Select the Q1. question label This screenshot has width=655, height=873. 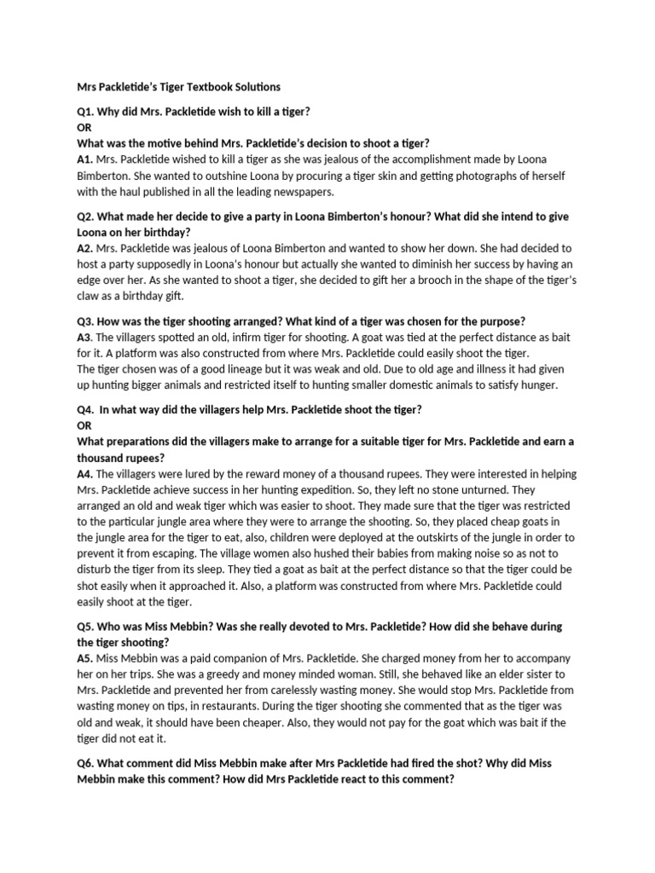tap(88, 113)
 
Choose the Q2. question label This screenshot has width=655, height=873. tap(88, 217)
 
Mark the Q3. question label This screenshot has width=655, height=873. tap(88, 321)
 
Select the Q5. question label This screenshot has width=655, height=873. tap(88, 626)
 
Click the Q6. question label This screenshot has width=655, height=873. tap(88, 763)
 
